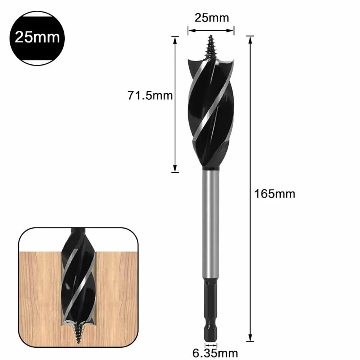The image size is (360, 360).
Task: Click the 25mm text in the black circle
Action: click(37, 37)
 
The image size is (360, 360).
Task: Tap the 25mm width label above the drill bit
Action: click(211, 17)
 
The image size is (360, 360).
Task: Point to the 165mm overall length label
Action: click(275, 194)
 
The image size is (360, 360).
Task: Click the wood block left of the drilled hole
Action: click(40, 288)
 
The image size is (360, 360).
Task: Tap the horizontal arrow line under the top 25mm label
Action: click(211, 30)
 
